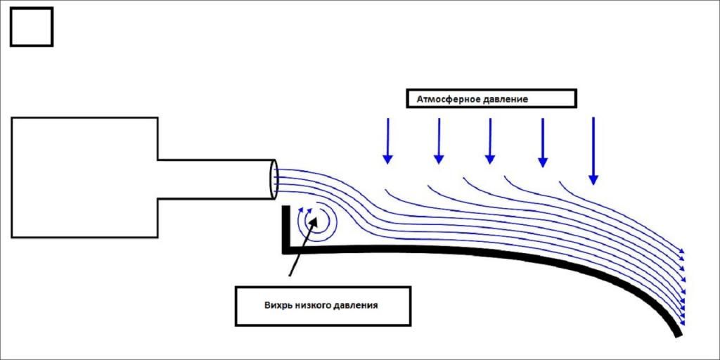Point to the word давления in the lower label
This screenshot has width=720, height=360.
[359, 306]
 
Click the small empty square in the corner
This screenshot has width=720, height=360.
[32, 27]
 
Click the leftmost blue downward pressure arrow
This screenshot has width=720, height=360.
[387, 141]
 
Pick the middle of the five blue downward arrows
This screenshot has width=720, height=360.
[490, 141]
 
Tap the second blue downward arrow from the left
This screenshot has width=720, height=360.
[439, 141]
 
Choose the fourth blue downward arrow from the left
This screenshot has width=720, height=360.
[542, 143]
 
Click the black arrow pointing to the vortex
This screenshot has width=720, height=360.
[299, 250]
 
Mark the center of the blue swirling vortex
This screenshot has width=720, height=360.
[314, 224]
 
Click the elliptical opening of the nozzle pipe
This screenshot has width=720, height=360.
[273, 179]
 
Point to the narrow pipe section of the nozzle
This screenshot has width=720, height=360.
[214, 179]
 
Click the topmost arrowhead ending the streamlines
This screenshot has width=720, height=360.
[681, 252]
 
